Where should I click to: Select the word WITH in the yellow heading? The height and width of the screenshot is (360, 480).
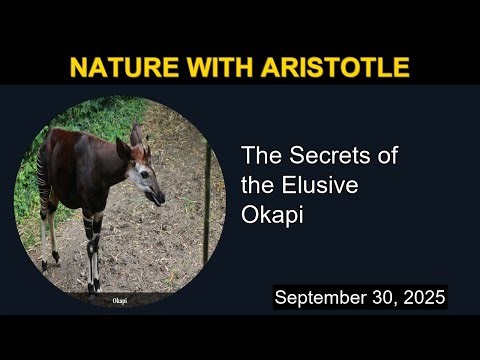[217, 68]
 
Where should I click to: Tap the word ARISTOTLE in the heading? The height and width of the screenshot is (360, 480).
[331, 68]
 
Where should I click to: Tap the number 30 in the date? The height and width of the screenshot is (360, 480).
[382, 298]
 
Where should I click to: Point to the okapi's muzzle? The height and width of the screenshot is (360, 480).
[157, 197]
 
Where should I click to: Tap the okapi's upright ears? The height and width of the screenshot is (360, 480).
[136, 137]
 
